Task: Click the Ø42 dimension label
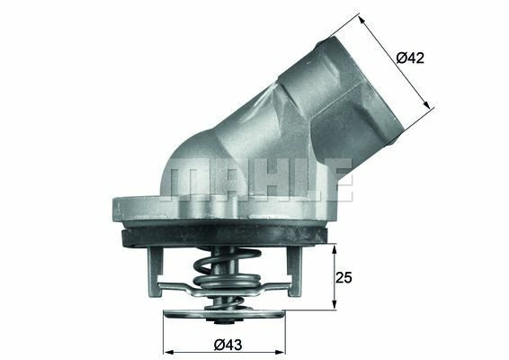click(x=410, y=58)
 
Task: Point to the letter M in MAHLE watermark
click(x=183, y=178)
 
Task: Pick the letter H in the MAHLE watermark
click(x=260, y=178)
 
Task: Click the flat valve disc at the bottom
click(x=223, y=318)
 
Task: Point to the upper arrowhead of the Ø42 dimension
click(x=360, y=16)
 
